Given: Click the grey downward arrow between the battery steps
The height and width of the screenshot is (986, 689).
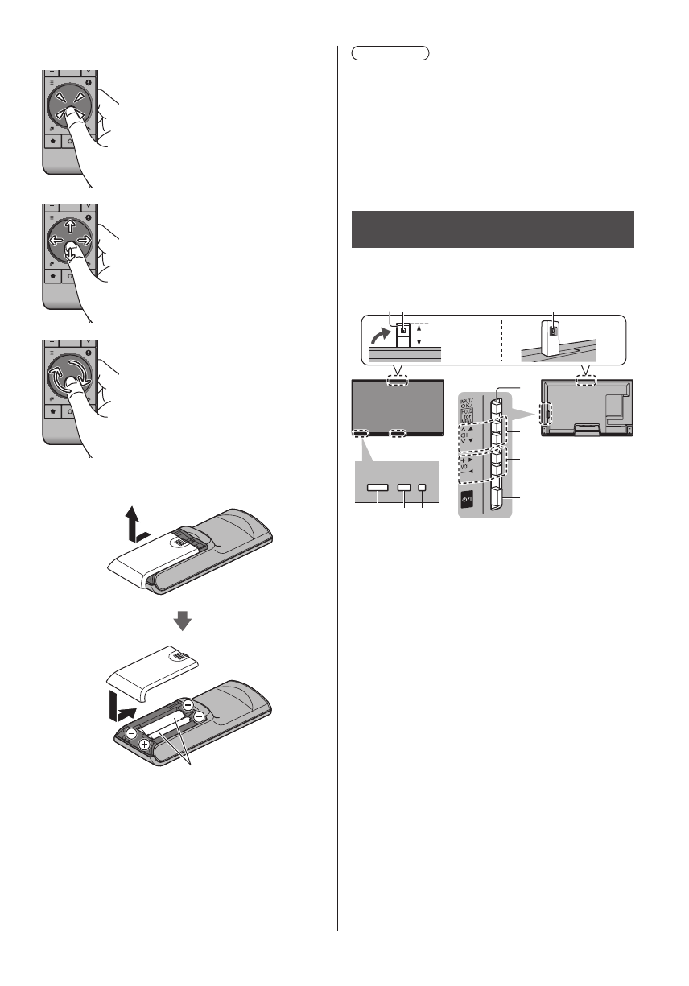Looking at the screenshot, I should tap(184, 621).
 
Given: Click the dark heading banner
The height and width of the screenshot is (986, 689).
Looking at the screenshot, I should tap(493, 230).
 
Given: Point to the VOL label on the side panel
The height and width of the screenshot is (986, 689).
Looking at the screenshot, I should tap(468, 465).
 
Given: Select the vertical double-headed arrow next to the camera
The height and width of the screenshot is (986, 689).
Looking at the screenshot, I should tap(420, 333).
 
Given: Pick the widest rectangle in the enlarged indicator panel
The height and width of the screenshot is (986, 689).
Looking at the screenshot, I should tap(378, 489).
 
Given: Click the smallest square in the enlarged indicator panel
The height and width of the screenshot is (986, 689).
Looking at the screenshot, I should tap(421, 489).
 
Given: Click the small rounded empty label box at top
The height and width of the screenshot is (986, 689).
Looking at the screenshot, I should tap(391, 54).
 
